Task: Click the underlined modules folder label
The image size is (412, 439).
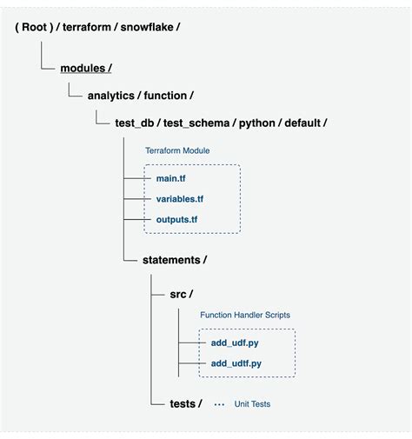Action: [84, 69]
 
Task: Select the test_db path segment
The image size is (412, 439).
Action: [136, 123]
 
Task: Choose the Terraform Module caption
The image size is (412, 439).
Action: [176, 150]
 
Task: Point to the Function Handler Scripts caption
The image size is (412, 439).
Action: [244, 315]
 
